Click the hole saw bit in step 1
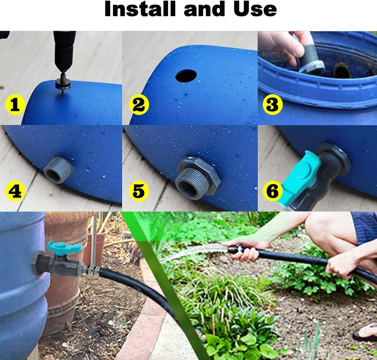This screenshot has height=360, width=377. pos(61,82)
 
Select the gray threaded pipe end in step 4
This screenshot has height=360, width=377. pos(58,169)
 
